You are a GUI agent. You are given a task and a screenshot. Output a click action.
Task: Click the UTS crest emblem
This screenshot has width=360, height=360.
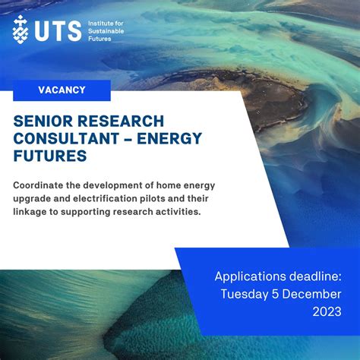(21, 29)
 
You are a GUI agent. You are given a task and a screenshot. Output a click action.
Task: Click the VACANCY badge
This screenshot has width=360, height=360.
(62, 90)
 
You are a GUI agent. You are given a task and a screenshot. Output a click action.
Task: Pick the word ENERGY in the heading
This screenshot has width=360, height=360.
(171, 140)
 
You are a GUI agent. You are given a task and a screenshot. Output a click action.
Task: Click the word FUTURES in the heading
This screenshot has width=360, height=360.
(50, 156)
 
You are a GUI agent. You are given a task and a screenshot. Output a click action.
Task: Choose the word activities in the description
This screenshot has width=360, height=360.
(176, 212)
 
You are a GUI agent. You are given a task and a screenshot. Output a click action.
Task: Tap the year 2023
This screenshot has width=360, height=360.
(326, 312)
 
